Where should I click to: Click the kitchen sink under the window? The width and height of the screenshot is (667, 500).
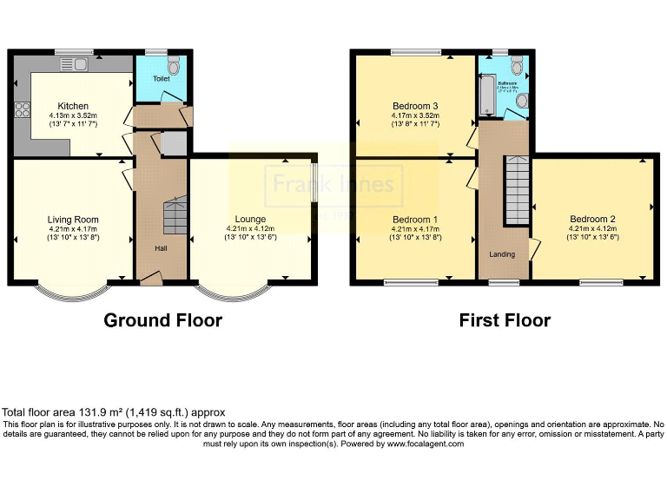[74, 62]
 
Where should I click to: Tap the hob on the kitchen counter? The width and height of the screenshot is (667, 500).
[21, 110]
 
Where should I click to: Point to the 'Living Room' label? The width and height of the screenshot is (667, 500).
[72, 220]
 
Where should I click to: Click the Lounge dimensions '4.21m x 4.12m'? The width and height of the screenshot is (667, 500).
[250, 228]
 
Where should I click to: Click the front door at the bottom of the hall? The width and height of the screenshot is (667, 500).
[151, 278]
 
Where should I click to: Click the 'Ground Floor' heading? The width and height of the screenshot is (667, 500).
[162, 320]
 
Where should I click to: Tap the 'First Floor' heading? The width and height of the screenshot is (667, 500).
[505, 320]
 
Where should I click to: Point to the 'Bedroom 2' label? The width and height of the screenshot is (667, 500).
[593, 219]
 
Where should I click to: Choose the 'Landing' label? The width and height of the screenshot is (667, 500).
[502, 254]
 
